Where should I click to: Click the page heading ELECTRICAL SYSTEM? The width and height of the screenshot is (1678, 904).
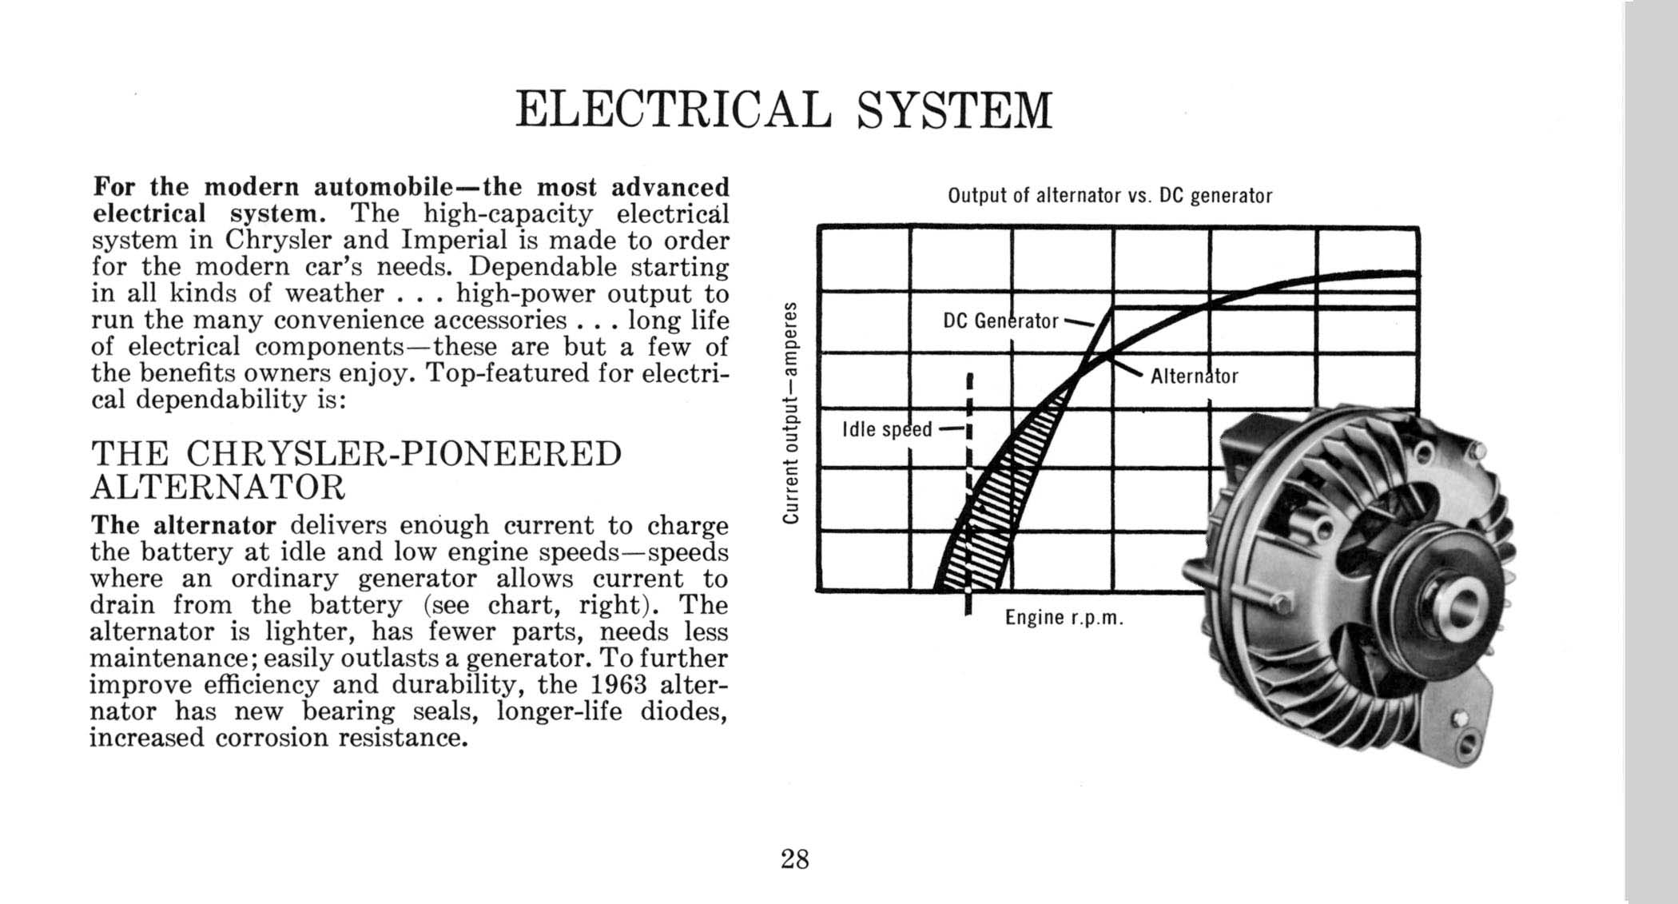point(784,110)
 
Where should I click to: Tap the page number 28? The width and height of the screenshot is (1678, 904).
point(795,859)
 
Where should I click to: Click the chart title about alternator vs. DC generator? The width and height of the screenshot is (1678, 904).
point(1109,196)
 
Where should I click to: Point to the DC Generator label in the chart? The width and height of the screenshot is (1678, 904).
point(1000,321)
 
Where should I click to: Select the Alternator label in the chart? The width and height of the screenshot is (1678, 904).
point(1194,376)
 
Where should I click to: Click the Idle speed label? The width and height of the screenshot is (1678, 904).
point(887,430)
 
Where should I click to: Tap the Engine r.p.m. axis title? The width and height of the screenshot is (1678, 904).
point(1064,618)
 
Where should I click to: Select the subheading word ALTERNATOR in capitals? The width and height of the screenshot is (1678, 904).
point(218,487)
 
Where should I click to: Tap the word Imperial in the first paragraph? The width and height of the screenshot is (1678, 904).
point(454,240)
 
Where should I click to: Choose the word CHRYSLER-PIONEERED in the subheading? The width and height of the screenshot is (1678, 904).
point(404,454)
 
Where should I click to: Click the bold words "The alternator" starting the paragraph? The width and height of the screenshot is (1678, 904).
point(183,525)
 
